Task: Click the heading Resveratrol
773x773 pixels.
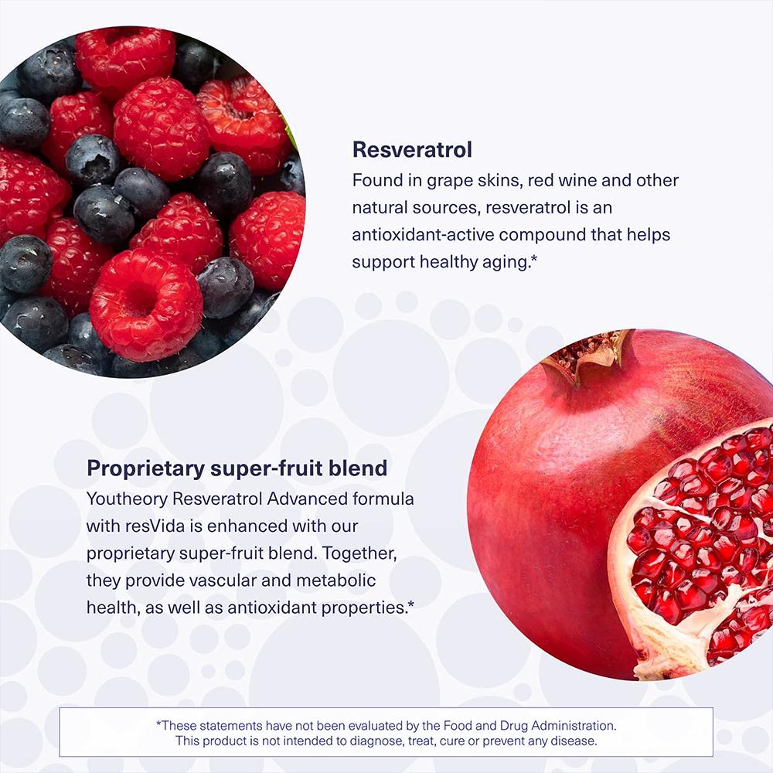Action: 412,149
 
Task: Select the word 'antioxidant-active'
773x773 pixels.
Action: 423,235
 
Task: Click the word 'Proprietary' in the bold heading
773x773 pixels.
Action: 145,469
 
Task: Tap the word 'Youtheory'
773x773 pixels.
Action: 128,499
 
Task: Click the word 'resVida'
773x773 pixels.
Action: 155,526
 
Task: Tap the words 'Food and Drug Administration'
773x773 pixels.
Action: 530,726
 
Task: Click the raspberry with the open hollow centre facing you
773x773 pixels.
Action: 146,303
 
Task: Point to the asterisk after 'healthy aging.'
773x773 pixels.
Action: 533,258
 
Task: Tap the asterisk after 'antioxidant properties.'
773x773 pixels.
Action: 411,604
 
